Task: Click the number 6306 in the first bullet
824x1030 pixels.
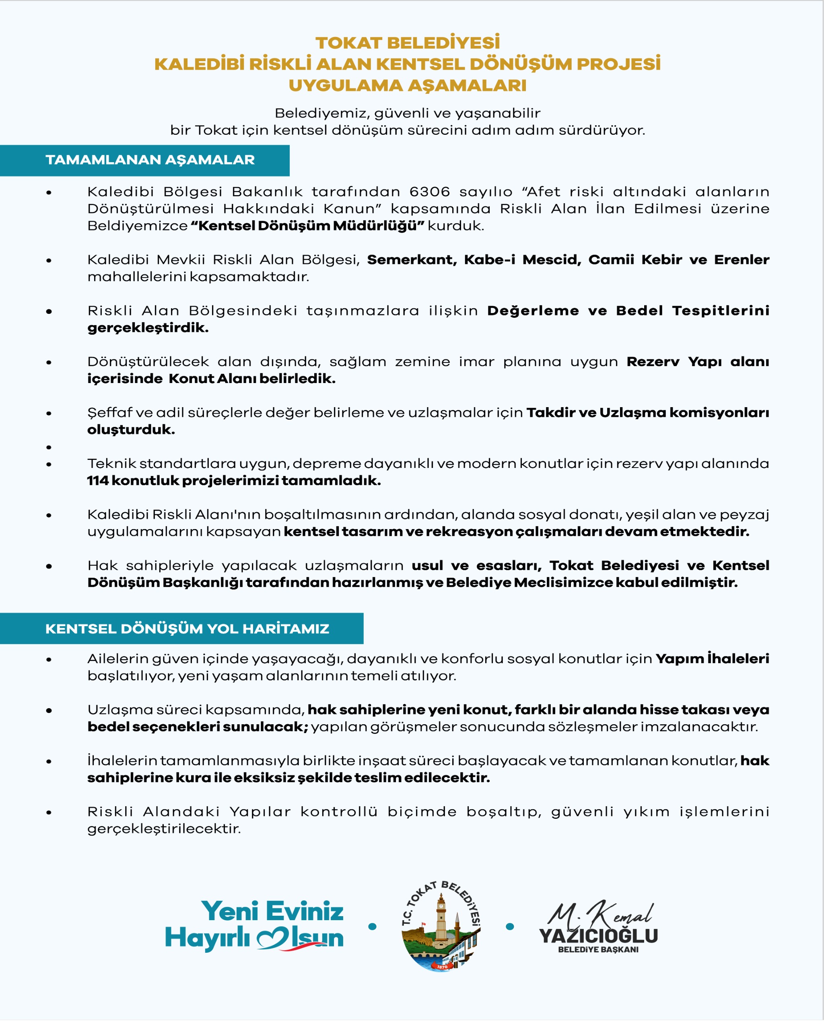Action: (429, 192)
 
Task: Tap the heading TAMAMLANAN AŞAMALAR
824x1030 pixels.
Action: (150, 160)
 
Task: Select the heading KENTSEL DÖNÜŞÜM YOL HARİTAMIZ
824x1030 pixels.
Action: (187, 629)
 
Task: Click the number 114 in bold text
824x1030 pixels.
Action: (98, 481)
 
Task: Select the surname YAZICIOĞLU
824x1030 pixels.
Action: (598, 936)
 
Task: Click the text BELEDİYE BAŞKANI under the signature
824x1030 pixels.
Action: (598, 950)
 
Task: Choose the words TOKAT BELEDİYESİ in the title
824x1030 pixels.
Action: (408, 43)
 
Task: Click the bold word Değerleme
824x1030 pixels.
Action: (533, 311)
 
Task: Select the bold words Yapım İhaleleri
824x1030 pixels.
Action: (712, 659)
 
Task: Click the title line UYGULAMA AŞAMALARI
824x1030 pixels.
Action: (408, 86)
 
